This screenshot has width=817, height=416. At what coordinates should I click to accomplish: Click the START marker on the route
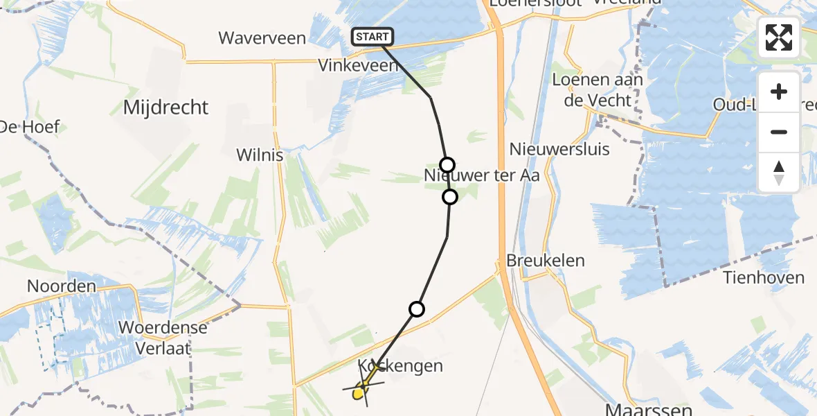click(x=372, y=37)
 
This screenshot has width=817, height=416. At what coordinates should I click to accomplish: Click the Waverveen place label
click(x=262, y=37)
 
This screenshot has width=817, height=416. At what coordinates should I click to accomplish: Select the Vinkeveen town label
click(x=358, y=66)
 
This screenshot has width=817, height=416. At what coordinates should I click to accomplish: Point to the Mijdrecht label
click(x=165, y=107)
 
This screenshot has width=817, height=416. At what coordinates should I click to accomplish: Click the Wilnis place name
click(x=260, y=155)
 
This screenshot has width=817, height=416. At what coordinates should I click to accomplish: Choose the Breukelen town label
click(x=546, y=261)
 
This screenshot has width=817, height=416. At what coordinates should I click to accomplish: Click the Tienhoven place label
click(x=764, y=278)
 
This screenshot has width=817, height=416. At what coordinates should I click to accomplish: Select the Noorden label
click(x=61, y=286)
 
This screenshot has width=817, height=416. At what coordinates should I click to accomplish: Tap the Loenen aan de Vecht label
click(x=597, y=90)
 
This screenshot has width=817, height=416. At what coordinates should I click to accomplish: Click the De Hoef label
click(x=29, y=127)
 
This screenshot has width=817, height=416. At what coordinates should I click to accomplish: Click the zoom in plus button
click(x=779, y=92)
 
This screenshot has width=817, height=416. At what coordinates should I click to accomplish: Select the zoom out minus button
click(x=779, y=132)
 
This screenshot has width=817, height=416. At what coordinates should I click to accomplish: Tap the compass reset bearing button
click(x=779, y=172)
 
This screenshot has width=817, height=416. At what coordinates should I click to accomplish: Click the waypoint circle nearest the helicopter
click(x=417, y=309)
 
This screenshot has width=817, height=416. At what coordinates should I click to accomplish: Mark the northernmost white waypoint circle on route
click(x=447, y=165)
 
